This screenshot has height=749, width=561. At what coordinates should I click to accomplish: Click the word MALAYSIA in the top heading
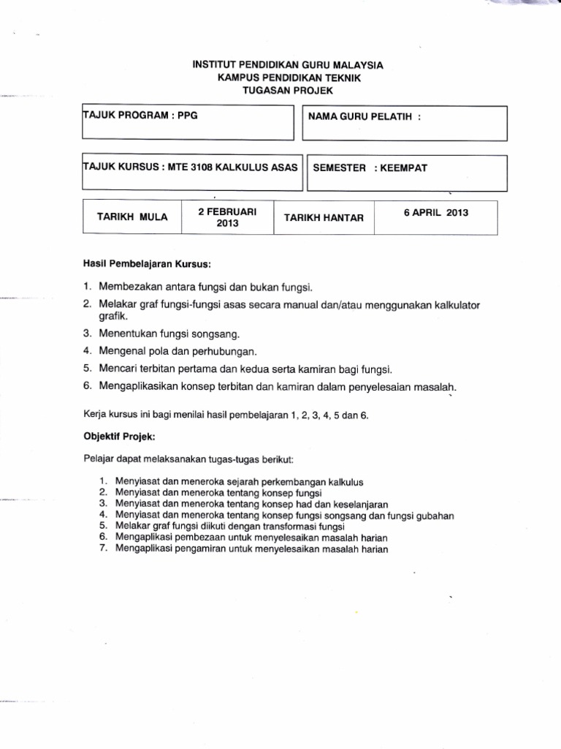point(356,65)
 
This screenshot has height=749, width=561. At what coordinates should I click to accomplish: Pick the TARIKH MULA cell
point(132,217)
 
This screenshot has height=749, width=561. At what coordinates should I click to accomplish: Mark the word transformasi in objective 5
point(282,527)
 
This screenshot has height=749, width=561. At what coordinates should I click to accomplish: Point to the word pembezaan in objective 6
point(195,538)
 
